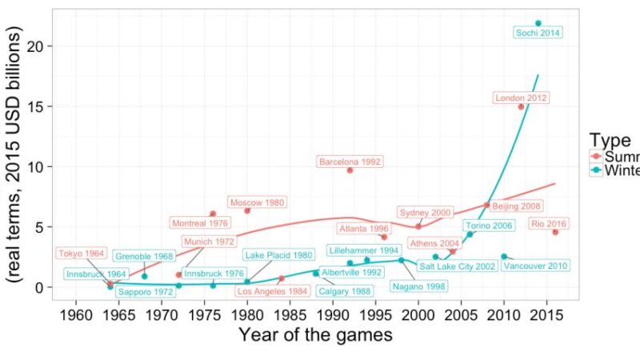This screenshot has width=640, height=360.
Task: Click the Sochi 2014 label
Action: click(538, 33)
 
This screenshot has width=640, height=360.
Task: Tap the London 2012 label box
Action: click(521, 98)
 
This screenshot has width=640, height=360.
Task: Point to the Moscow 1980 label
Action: click(257, 202)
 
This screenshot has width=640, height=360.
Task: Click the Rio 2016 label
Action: click(549, 224)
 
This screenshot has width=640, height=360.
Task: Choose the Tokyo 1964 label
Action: click(81, 254)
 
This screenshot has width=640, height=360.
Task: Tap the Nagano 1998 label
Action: click(419, 286)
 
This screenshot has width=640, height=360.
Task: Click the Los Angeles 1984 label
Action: click(273, 291)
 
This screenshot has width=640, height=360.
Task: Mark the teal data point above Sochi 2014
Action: click(538, 23)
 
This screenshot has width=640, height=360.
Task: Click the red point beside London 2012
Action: click(522, 107)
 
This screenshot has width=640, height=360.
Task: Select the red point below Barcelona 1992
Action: click(350, 170)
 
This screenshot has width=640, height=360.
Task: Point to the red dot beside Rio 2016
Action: click(555, 232)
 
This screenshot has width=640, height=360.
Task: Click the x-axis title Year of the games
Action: click(315, 334)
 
